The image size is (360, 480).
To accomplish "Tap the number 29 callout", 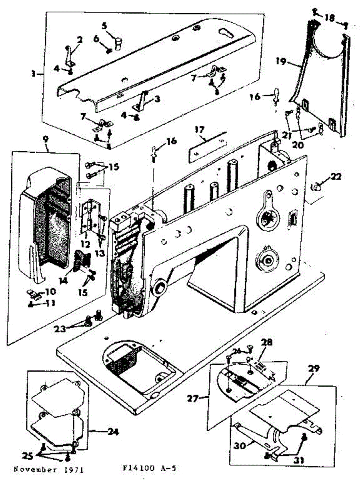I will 314,369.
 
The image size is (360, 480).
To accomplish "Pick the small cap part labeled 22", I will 317,187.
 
